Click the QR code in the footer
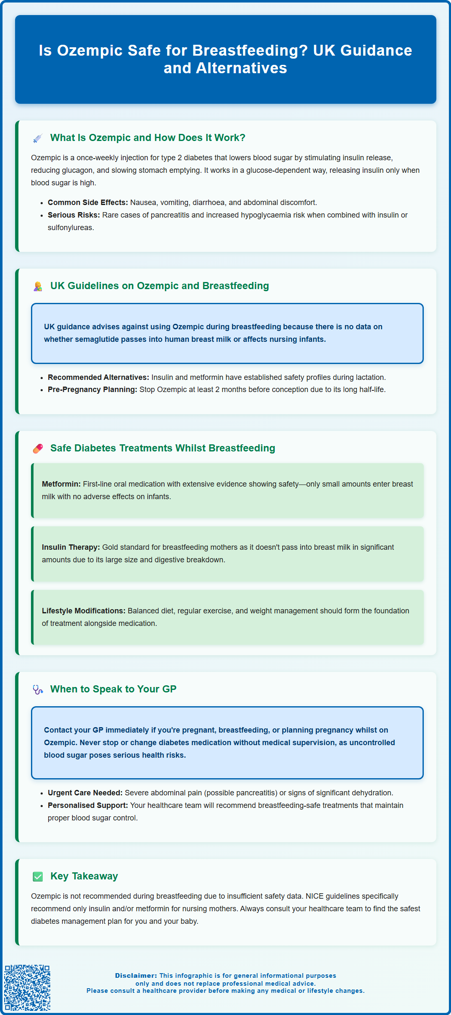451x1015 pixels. (27, 987)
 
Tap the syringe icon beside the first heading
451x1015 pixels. (38, 138)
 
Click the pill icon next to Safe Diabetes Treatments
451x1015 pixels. (38, 449)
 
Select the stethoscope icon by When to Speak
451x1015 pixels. (38, 689)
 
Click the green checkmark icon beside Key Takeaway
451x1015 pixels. (38, 877)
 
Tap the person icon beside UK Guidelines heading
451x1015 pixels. (38, 286)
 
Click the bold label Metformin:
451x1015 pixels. (61, 484)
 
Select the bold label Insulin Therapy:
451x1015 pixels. (71, 547)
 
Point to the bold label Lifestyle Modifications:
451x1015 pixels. (83, 611)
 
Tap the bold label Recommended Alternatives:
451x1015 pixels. (98, 377)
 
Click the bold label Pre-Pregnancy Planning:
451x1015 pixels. (93, 390)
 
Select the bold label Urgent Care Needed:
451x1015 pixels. (85, 793)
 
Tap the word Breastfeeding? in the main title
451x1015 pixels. (250, 51)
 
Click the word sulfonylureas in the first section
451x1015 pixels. (70, 228)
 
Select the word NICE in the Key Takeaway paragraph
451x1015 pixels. (314, 896)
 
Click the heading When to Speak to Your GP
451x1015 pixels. (113, 689)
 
